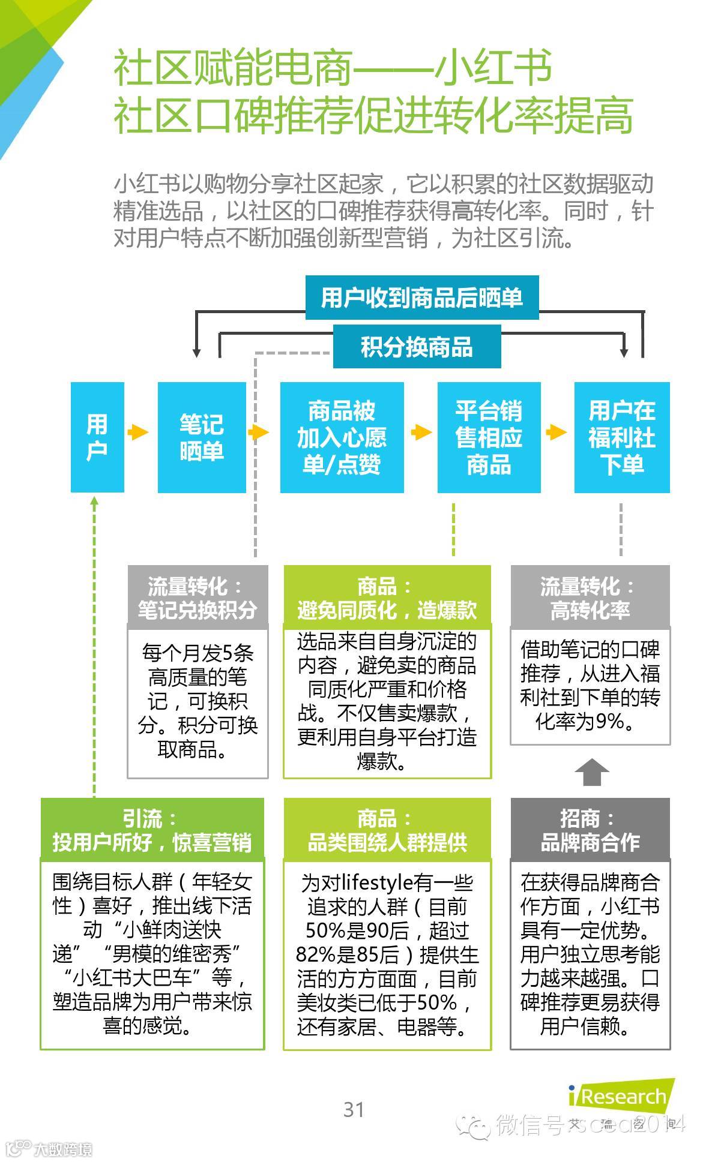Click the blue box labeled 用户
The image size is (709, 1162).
(x=97, y=437)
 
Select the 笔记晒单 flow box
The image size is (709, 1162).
(x=202, y=437)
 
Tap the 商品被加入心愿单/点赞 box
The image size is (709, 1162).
(x=342, y=437)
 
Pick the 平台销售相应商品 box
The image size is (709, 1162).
(x=489, y=437)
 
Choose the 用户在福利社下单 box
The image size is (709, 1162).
(x=621, y=437)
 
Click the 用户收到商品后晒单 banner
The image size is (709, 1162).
(x=421, y=298)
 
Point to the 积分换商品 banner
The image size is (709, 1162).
(x=417, y=347)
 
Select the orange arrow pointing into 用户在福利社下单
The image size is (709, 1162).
(x=557, y=432)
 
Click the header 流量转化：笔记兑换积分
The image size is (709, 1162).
(x=198, y=598)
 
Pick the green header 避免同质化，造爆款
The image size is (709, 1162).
(x=387, y=598)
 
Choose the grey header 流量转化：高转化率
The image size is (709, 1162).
(x=590, y=598)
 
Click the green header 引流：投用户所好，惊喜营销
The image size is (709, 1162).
(x=152, y=830)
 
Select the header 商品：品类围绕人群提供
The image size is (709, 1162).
(x=387, y=830)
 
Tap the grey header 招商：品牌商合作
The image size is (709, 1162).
(x=590, y=830)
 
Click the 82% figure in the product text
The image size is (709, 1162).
(x=315, y=954)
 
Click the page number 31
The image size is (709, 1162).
(x=354, y=1110)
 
